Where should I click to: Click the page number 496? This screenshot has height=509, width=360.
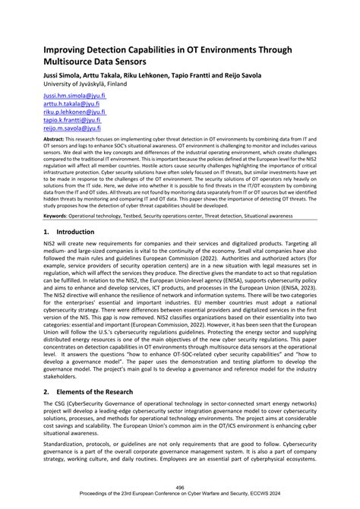click(x=179, y=488)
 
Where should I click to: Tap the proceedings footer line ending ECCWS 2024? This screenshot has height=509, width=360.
click(x=179, y=495)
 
